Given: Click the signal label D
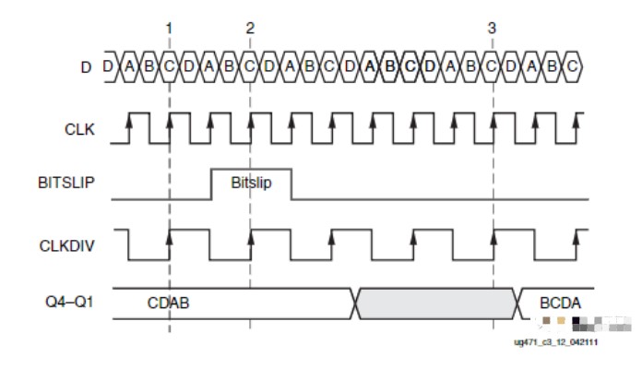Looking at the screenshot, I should click(x=89, y=67).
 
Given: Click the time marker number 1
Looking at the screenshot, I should click(x=169, y=29).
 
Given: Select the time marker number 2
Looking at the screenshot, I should click(x=250, y=29).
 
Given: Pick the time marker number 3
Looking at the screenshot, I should click(x=492, y=29).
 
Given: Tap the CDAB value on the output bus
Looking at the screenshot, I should click(x=168, y=303).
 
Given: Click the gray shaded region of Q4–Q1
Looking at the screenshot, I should click(x=435, y=303).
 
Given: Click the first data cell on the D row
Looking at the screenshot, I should click(x=109, y=67).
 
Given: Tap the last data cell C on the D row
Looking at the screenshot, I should click(x=573, y=67).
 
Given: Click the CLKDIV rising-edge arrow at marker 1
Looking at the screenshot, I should click(x=169, y=238).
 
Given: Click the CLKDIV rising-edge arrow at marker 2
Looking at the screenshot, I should click(x=250, y=238).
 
